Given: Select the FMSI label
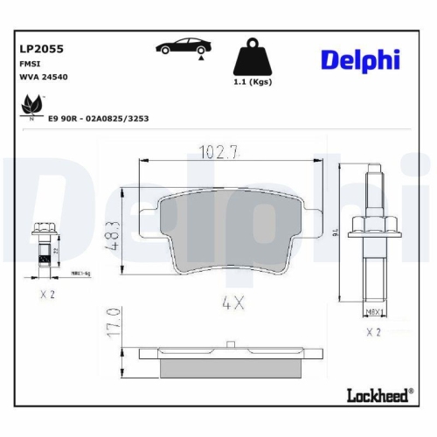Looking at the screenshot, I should coord(28,64).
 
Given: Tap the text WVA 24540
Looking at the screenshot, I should coord(42,77).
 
